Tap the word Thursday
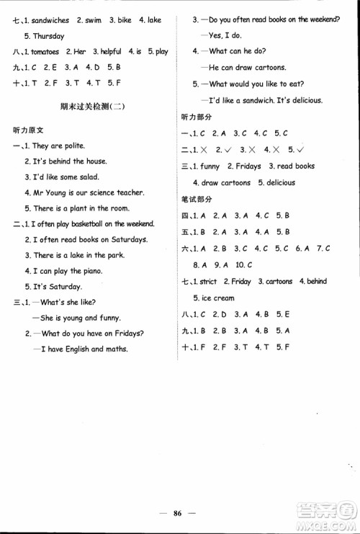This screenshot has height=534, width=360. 49,36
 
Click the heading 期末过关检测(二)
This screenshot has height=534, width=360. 94,108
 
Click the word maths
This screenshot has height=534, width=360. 115,350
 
